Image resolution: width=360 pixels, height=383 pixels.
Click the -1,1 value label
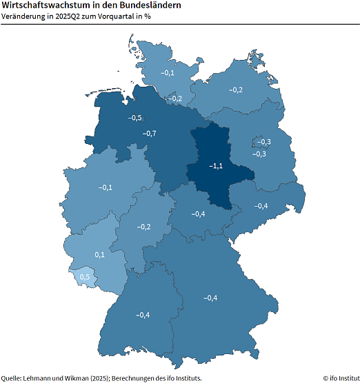(216, 166)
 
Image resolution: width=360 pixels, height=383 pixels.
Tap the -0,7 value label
(149, 133)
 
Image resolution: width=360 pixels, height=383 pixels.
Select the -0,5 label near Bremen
(135, 118)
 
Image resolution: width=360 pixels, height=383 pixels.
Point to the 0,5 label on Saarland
(85, 277)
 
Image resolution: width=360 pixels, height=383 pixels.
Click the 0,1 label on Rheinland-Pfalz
(99, 255)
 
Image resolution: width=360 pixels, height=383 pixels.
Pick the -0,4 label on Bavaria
(210, 298)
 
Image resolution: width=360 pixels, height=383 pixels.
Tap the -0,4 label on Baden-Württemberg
(143, 315)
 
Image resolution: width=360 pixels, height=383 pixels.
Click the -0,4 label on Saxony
(261, 206)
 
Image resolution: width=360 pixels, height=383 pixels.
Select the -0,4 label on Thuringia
(198, 214)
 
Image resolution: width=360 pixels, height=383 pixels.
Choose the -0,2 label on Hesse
(144, 227)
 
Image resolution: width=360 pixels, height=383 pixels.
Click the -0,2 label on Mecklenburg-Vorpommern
(236, 90)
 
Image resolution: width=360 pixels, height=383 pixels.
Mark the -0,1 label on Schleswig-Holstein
(168, 72)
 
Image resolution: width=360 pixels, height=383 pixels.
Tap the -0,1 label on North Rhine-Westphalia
(106, 187)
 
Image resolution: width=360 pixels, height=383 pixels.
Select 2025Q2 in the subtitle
(69, 17)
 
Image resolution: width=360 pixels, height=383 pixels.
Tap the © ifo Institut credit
(341, 377)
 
